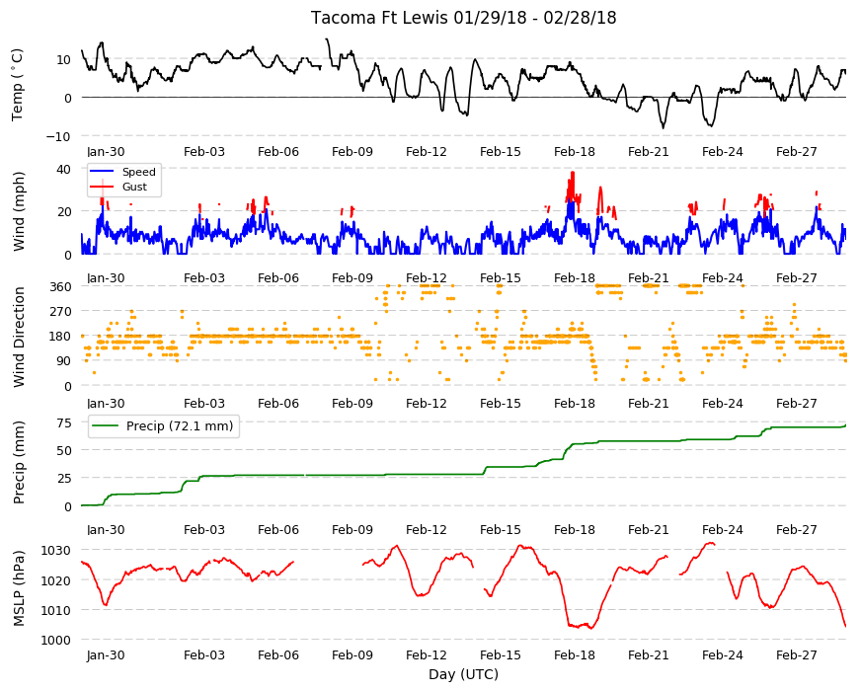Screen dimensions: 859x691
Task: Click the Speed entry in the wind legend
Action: [138, 172]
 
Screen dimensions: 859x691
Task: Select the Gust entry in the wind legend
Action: [134, 187]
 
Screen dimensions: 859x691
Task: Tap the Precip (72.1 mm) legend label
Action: [180, 426]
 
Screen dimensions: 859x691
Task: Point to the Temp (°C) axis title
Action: [18, 85]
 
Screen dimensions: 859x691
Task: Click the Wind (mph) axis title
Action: [19, 212]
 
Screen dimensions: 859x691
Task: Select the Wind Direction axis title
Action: [19, 338]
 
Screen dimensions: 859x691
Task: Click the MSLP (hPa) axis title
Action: [19, 588]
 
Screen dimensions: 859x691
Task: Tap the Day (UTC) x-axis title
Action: [463, 674]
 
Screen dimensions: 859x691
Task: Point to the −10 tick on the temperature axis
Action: [58, 137]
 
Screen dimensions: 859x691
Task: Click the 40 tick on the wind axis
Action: [63, 169]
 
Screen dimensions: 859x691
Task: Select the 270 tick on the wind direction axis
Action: [60, 312]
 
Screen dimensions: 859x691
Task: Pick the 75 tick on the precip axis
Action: [64, 422]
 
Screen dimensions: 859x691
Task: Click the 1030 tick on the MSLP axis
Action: [56, 550]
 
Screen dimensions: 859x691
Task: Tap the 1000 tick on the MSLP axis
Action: [56, 640]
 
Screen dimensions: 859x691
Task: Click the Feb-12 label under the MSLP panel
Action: [427, 655]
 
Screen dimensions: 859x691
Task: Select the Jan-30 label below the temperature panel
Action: [106, 152]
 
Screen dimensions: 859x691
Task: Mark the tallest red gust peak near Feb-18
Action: [573, 173]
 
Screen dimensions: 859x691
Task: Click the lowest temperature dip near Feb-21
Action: [664, 128]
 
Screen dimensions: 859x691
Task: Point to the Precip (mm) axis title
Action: [19, 463]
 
